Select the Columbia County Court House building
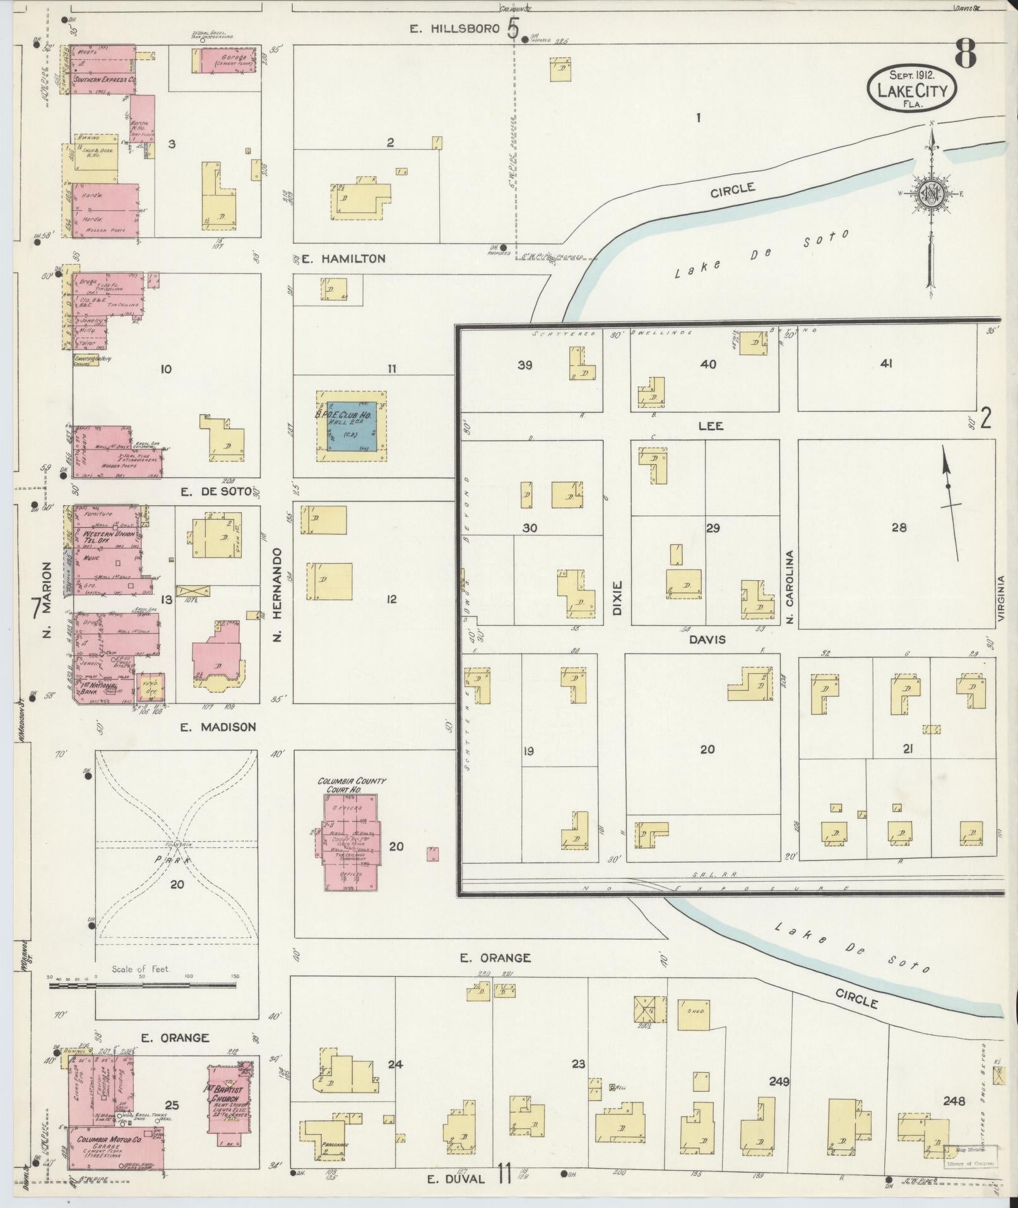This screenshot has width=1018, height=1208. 351,840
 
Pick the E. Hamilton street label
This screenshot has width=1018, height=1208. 343,259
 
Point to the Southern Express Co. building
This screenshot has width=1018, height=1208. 104,80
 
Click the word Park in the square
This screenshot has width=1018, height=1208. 169,859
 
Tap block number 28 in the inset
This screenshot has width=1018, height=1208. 899,527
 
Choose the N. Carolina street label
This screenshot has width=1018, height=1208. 789,587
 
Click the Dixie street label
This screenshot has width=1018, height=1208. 617,597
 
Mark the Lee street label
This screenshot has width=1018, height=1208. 710,426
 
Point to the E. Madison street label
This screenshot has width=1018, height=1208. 218,727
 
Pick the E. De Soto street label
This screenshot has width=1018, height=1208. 211,493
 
